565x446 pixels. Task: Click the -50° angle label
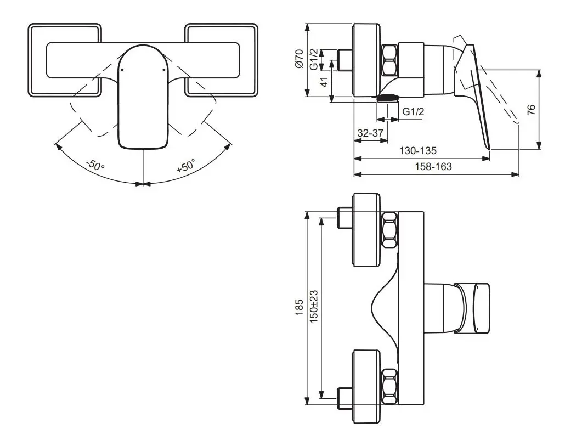click(94, 165)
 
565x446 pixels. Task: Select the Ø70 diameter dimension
click(299, 59)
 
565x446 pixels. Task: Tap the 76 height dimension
click(531, 109)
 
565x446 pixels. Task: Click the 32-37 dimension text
click(370, 133)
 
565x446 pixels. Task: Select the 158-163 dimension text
click(434, 166)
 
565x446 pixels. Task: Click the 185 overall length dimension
click(299, 310)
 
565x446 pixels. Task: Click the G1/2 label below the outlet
click(413, 112)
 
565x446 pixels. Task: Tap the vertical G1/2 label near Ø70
click(313, 59)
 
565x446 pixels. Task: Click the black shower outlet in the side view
click(387, 98)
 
